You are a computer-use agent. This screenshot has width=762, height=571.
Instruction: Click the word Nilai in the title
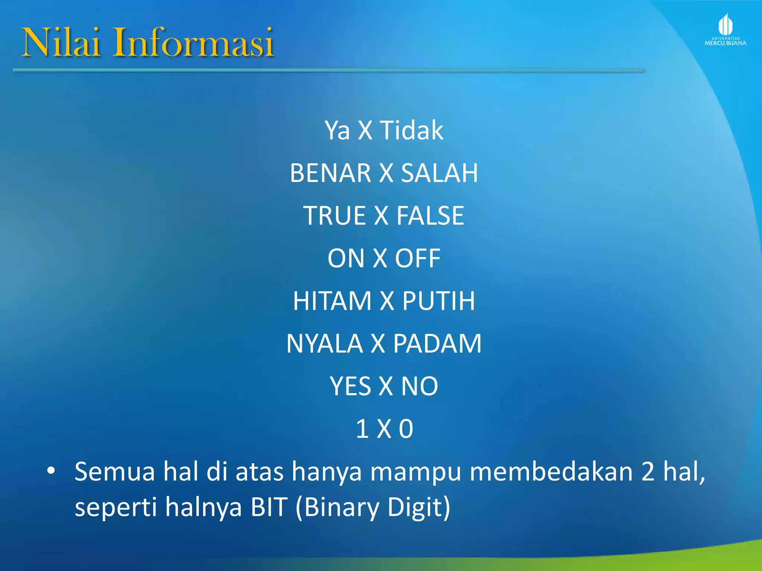pyautogui.click(x=61, y=42)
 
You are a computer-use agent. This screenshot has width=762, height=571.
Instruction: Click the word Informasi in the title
pyautogui.click(x=194, y=42)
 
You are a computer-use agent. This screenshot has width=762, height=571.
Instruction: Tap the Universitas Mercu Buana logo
pyautogui.click(x=725, y=30)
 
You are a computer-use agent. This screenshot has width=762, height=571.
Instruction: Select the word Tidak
pyautogui.click(x=412, y=130)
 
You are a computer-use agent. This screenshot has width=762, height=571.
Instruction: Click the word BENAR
pyautogui.click(x=330, y=173)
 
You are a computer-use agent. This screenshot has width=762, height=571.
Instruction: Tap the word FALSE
pyautogui.click(x=430, y=216)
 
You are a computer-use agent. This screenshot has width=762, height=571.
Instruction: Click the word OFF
pyautogui.click(x=417, y=258)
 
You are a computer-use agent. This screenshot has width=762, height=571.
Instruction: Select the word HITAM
pyautogui.click(x=332, y=301)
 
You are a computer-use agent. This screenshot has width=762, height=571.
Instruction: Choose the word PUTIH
pyautogui.click(x=439, y=301)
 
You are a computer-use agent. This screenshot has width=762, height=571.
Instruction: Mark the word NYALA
pyautogui.click(x=324, y=343)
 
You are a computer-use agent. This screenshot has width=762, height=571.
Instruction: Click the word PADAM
pyautogui.click(x=437, y=343)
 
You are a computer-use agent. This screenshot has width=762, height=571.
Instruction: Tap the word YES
pyautogui.click(x=350, y=386)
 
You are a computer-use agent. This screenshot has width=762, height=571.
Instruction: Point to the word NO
pyautogui.click(x=419, y=386)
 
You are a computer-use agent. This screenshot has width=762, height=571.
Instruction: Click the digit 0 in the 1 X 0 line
pyautogui.click(x=406, y=429)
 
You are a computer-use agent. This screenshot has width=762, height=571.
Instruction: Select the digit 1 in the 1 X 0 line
pyautogui.click(x=362, y=429)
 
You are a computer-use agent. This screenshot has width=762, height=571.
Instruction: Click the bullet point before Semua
pyautogui.click(x=51, y=471)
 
